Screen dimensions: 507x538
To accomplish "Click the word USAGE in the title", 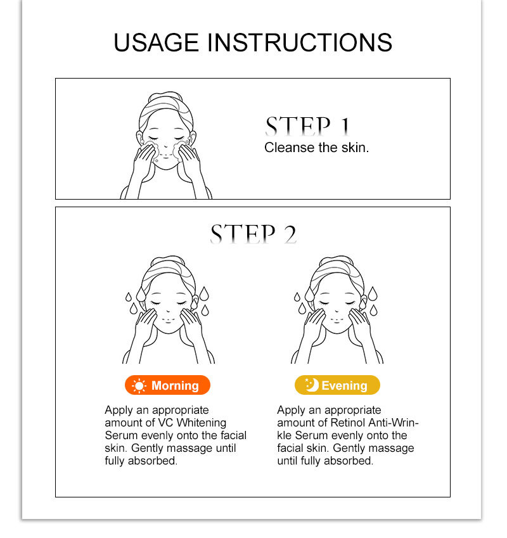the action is (x=156, y=42).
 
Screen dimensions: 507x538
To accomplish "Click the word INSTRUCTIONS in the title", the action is (x=300, y=42).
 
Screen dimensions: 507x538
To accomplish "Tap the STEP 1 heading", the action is (x=308, y=126).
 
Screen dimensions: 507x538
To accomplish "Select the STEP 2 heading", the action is (x=253, y=234).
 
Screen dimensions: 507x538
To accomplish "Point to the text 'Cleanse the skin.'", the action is (x=317, y=148).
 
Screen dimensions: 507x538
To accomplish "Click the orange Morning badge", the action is (x=167, y=385).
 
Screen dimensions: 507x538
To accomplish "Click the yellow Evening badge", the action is (x=337, y=385).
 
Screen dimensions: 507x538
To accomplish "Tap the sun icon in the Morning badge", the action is (x=139, y=386).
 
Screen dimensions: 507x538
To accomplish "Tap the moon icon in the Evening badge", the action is (x=312, y=385).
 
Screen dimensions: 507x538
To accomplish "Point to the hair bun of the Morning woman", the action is (x=168, y=260).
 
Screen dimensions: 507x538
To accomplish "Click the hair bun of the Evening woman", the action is (x=336, y=260).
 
